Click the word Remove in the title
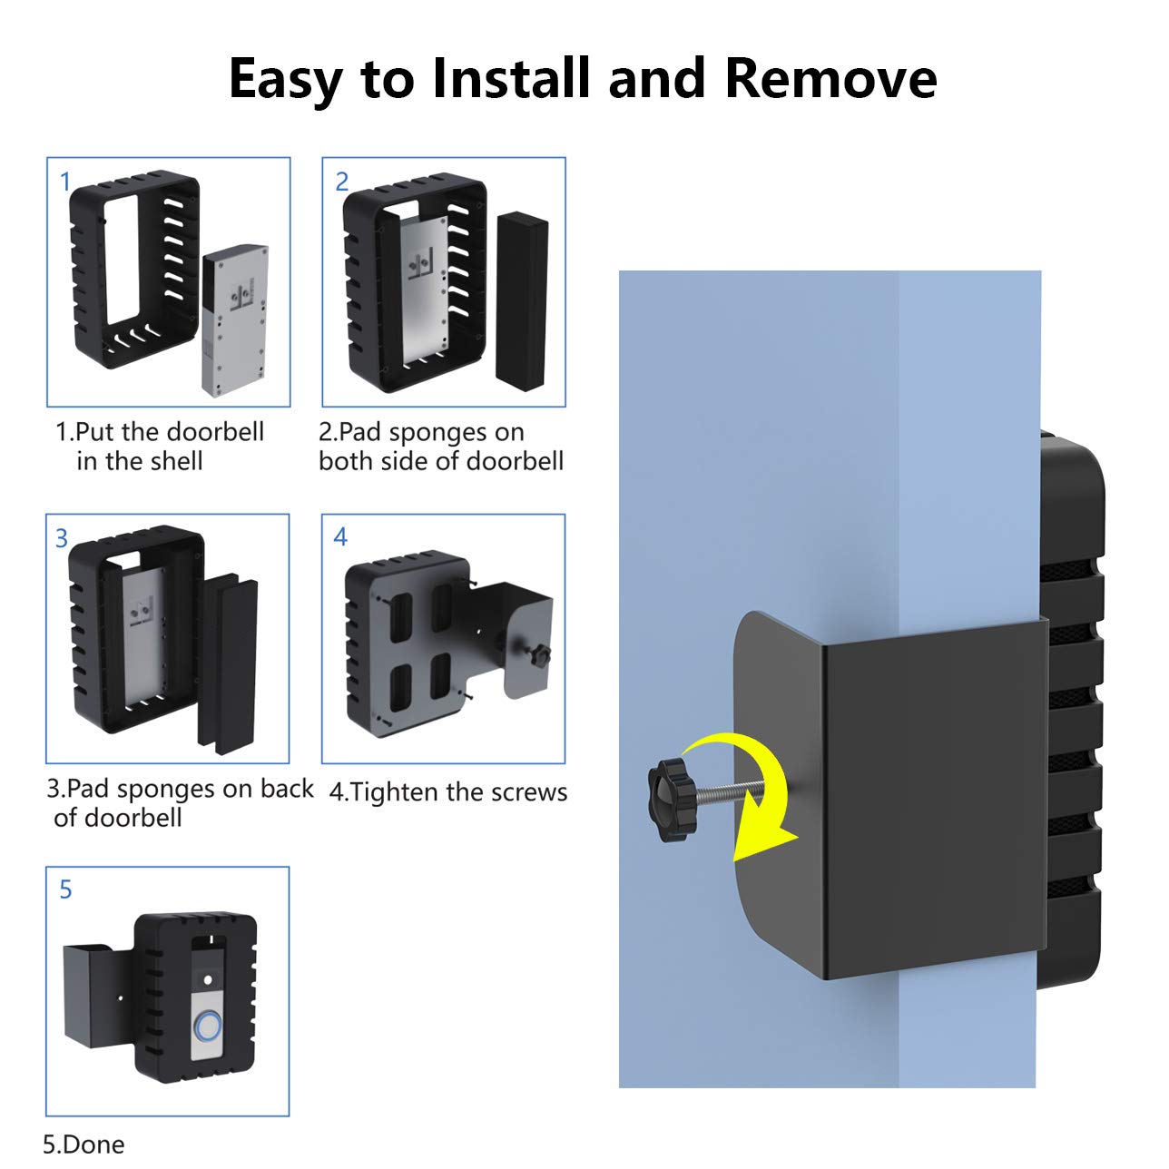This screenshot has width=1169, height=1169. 830,78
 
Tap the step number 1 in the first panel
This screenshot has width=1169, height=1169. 64,182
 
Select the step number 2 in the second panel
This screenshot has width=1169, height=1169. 341,182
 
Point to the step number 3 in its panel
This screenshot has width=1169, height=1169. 62,539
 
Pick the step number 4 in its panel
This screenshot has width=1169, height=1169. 340,537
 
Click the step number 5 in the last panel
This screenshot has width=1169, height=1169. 65,889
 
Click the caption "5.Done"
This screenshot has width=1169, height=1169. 83,1144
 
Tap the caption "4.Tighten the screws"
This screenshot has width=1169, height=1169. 447,792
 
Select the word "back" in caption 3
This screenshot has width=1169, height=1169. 287,789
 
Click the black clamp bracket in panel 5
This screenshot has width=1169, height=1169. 91,994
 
